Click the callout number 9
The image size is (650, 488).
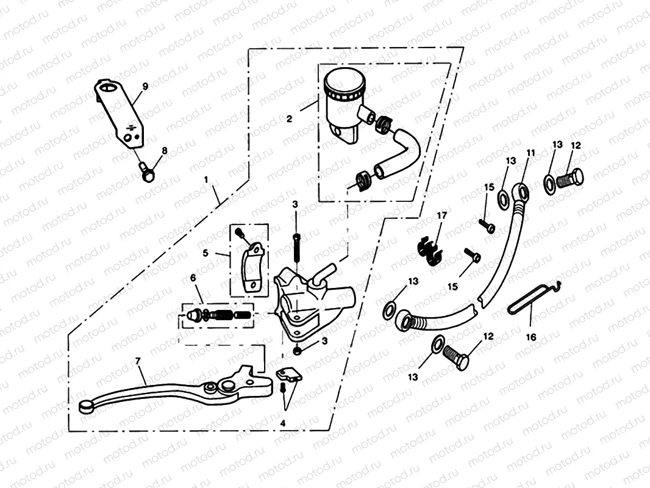coord(145,87)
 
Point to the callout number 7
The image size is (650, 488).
coord(138,362)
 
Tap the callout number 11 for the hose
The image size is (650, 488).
coord(530,152)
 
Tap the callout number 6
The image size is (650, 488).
coord(193,278)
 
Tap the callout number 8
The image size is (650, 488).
coord(163,150)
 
